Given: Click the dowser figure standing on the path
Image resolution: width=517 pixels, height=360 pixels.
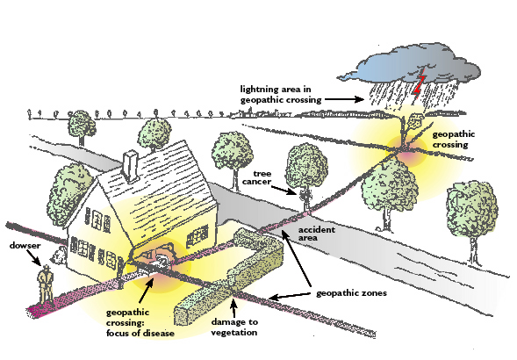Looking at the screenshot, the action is [x=46, y=284].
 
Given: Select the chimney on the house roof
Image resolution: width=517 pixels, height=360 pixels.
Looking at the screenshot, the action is [x=131, y=166].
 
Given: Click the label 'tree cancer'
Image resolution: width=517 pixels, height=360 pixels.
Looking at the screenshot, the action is [x=257, y=177].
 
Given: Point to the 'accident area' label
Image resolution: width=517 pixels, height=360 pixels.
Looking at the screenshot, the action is [x=317, y=234].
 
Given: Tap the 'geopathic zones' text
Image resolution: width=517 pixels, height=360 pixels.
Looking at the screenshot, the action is [x=351, y=293].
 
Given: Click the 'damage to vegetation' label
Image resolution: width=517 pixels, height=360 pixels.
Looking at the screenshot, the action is [x=234, y=327].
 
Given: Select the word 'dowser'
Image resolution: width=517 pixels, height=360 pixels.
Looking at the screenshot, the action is [x=25, y=246].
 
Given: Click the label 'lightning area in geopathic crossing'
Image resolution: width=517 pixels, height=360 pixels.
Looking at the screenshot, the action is [x=280, y=94].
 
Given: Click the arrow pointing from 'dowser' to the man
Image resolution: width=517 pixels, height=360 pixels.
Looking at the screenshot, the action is [x=34, y=257].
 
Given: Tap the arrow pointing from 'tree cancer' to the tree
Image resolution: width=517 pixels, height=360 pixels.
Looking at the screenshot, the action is [x=284, y=191].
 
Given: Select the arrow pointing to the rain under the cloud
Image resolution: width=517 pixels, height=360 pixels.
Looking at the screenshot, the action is [x=344, y=99].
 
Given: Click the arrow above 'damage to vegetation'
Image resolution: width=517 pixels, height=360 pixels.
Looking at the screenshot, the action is [x=233, y=307].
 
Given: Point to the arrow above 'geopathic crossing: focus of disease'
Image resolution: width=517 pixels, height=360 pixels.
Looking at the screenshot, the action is [x=147, y=291].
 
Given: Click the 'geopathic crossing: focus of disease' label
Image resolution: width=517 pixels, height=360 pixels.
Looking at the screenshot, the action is [x=140, y=323].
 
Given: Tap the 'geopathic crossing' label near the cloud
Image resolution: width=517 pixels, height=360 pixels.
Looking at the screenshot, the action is [x=454, y=140].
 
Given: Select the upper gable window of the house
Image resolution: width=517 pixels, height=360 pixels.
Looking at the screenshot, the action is [x=97, y=220].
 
